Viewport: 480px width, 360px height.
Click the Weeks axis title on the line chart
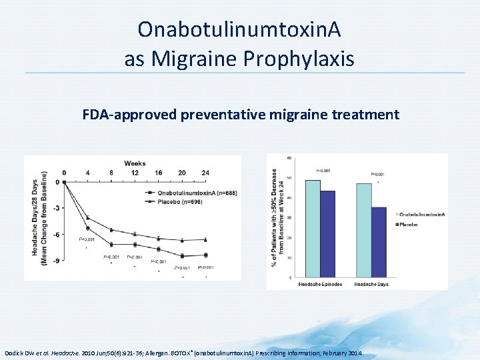coord(135,163)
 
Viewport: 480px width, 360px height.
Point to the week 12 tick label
coord(135,173)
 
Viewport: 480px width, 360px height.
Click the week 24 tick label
coord(205,173)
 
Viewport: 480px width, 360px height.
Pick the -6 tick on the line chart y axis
coord(57,234)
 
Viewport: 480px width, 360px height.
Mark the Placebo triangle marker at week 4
coord(87,218)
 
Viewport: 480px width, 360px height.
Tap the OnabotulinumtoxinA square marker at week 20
coord(181,255)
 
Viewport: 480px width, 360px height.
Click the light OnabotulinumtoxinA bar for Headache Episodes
coord(312,228)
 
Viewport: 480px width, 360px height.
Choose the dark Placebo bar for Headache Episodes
coord(327,233)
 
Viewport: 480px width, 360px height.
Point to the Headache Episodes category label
coord(320,284)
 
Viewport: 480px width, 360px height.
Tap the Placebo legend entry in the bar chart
coord(411,225)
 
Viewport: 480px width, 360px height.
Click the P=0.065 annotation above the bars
coord(323,171)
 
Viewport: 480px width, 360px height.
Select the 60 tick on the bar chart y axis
coord(289,157)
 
